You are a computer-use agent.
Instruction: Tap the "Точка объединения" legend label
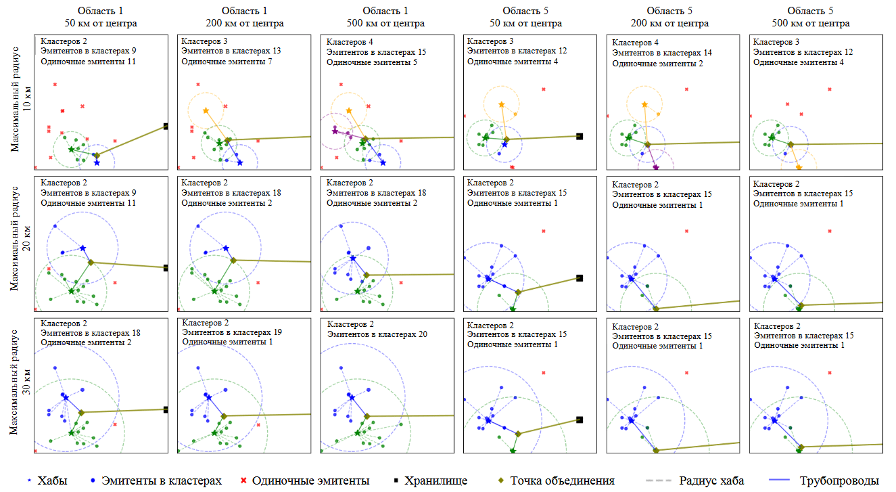click(x=562, y=480)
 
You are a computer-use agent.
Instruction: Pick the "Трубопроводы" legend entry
click(x=839, y=480)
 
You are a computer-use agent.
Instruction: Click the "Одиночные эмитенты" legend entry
click(x=310, y=480)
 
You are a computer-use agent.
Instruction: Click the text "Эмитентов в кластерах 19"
click(x=232, y=332)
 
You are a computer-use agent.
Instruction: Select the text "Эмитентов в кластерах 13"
click(x=231, y=51)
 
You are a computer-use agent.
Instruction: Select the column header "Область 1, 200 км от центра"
click(x=244, y=18)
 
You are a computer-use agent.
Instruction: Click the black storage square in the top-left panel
click(x=166, y=126)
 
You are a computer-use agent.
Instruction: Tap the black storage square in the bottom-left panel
click(x=166, y=409)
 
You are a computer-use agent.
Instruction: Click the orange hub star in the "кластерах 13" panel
click(x=206, y=110)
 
